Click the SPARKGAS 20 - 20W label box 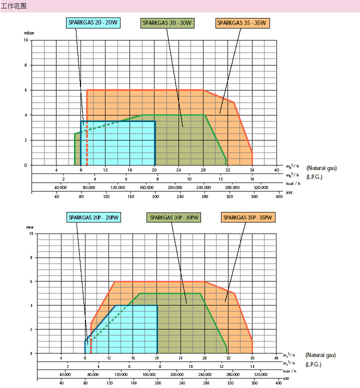pos(93,23)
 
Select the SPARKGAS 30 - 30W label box pos(167,23)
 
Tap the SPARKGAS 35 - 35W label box pos(242,23)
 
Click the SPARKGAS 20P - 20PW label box pos(96,217)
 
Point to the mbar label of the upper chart pos(29,33)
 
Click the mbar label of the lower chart pos(30,228)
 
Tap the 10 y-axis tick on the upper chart pos(26,40)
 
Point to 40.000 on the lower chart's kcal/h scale pos(64,374)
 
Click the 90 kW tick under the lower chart pos(85,383)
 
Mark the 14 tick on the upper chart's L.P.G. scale pos(252,178)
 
